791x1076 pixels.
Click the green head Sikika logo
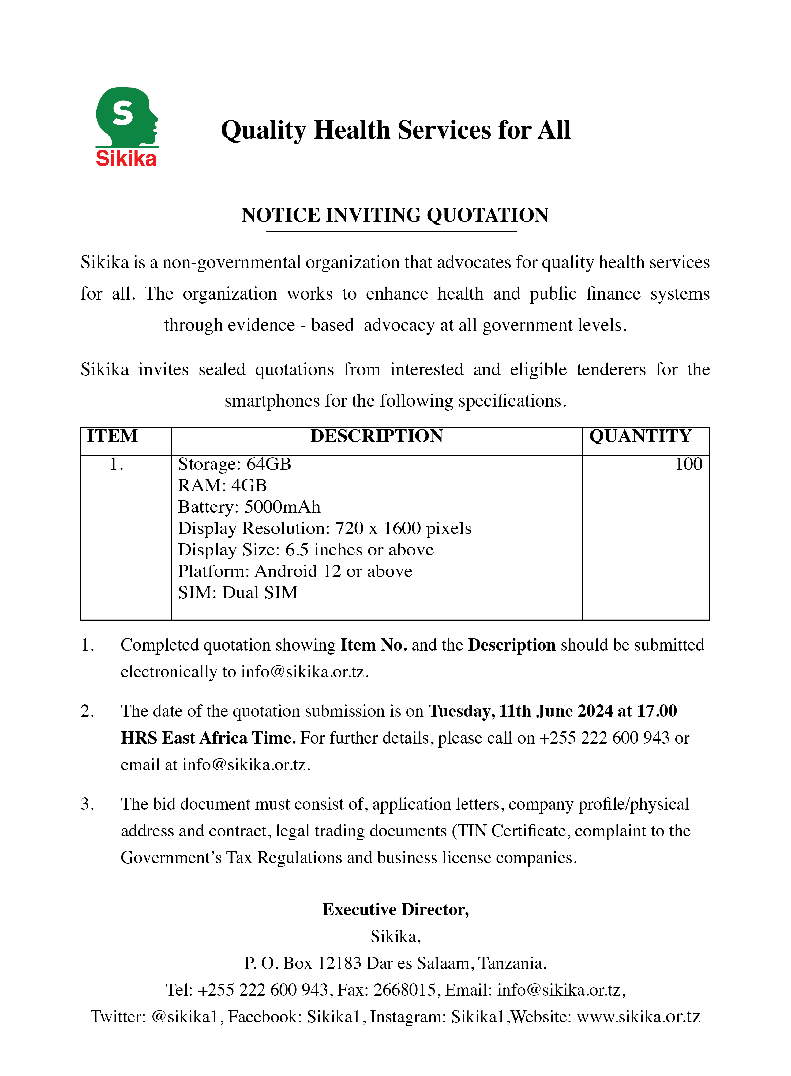[125, 116]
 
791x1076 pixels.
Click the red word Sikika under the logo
[126, 159]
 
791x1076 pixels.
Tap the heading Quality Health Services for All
[395, 130]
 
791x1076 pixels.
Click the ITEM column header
[113, 436]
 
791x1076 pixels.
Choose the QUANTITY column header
[640, 436]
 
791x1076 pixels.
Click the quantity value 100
[688, 464]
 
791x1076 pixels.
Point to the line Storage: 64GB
[235, 464]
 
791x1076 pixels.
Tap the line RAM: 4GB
[222, 485]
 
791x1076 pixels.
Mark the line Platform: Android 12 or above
[295, 571]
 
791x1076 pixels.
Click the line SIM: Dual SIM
[238, 593]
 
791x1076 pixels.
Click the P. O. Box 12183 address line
[395, 963]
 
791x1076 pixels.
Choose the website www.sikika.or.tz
[638, 1017]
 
